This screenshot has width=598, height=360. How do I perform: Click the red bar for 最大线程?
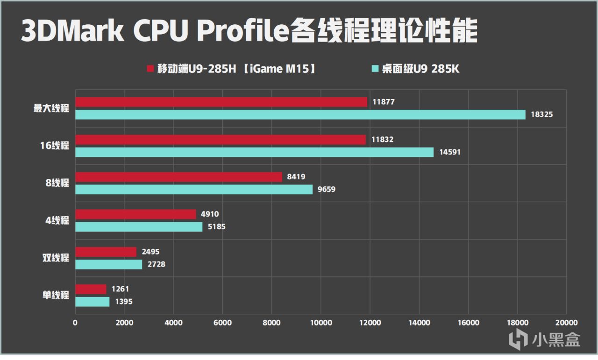[221, 102]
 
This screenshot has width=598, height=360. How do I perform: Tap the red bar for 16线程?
[220, 140]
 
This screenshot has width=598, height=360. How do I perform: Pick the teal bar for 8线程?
[193, 190]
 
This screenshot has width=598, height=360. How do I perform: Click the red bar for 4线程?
[135, 214]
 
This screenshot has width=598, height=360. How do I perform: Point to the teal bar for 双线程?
[108, 264]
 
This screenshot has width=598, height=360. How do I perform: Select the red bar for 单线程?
[91, 289]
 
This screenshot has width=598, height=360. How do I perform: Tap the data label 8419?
[296, 177]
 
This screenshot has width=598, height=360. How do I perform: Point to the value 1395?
[123, 302]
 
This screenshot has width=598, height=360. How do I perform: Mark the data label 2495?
[150, 252]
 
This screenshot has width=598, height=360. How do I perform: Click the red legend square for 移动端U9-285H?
[150, 69]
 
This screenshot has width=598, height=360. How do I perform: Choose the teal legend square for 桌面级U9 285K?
[374, 69]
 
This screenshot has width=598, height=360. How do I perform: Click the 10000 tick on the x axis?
[320, 323]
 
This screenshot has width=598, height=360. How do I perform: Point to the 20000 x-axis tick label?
[566, 323]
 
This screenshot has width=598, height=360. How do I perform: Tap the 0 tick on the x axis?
[75, 323]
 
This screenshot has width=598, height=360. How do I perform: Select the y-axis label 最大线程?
[51, 108]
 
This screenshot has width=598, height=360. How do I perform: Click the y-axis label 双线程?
[56, 258]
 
